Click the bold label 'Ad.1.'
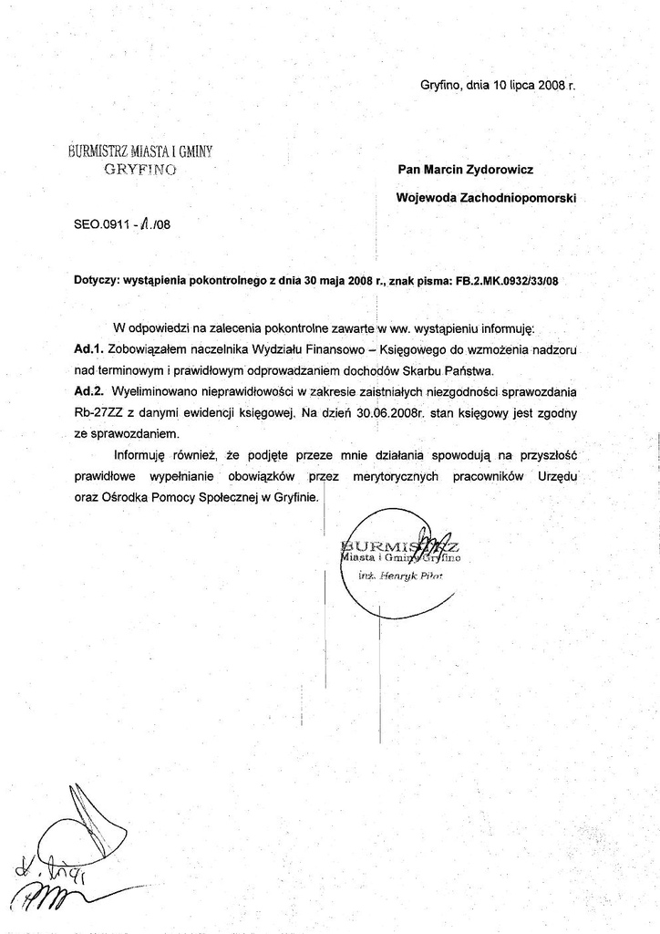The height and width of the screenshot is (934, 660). click(89, 349)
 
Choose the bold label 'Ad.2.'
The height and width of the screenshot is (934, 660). click(89, 390)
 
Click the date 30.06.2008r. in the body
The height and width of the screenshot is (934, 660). click(388, 412)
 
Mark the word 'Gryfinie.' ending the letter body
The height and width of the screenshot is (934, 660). click(291, 497)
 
